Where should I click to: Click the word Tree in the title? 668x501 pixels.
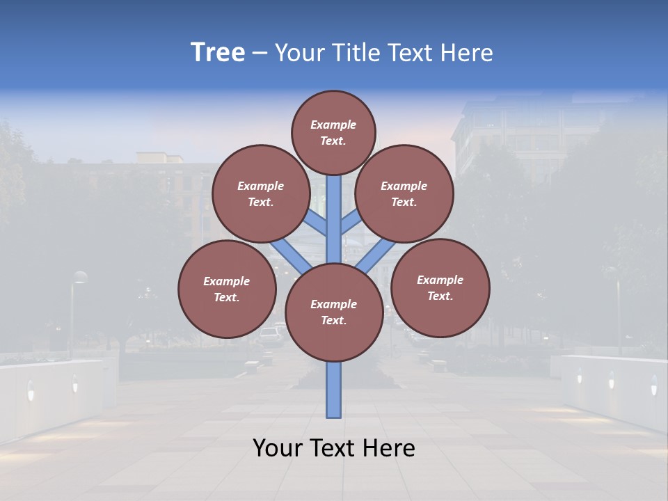pyautogui.click(x=218, y=53)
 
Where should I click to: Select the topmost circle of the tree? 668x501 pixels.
pyautogui.click(x=333, y=132)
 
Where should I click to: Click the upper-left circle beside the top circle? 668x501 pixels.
pyautogui.click(x=260, y=193)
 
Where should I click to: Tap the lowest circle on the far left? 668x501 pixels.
pyautogui.click(x=227, y=289)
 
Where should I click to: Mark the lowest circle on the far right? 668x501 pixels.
pyautogui.click(x=440, y=287)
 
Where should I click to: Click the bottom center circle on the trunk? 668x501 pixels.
pyautogui.click(x=333, y=312)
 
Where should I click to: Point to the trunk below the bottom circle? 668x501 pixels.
pyautogui.click(x=334, y=390)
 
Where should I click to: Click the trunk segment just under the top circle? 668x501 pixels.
pyautogui.click(x=334, y=195)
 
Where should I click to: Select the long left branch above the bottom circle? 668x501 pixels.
pyautogui.click(x=291, y=255)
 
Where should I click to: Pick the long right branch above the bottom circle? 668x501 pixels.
pyautogui.click(x=376, y=255)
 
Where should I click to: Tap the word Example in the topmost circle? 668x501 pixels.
pyautogui.click(x=333, y=125)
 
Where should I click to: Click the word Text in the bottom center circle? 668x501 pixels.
pyautogui.click(x=333, y=320)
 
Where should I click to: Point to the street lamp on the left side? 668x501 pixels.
pyautogui.click(x=79, y=278)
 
